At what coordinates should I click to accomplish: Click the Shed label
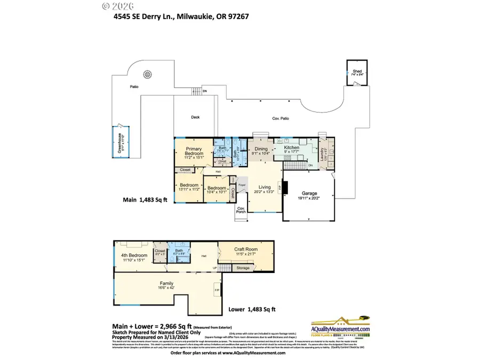click(357, 71)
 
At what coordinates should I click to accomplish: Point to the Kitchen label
click(292, 147)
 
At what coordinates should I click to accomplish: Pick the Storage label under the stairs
click(243, 268)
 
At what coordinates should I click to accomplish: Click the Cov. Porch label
click(241, 210)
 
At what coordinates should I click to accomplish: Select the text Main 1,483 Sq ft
click(142, 201)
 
